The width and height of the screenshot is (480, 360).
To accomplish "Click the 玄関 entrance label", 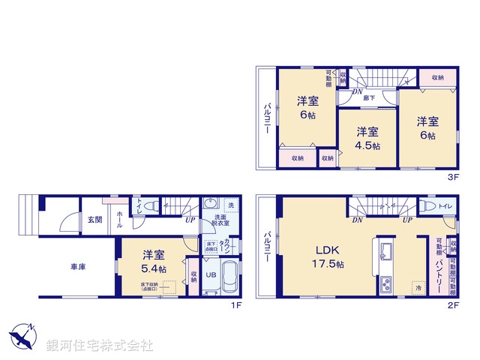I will point(94,220).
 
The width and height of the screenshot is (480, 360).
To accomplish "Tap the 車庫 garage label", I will point(79,265).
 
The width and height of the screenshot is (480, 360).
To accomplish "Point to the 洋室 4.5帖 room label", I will point(367,137).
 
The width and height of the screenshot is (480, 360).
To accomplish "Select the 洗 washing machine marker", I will point(231,205).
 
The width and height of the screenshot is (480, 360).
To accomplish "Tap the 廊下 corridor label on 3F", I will point(370,97).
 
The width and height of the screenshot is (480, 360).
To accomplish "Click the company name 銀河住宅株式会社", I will point(100,346).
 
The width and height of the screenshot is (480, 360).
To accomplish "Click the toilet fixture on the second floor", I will point(427,205).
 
